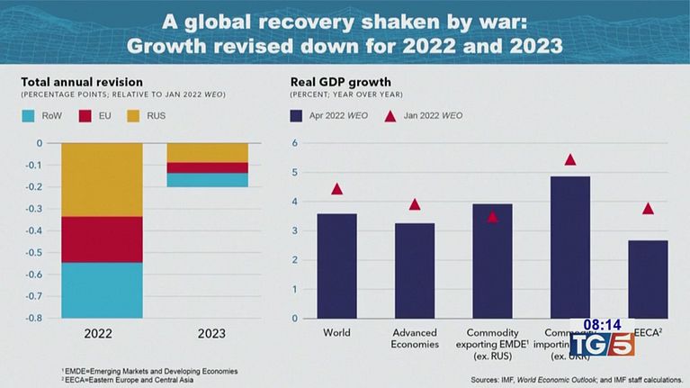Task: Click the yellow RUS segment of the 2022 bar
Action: pos(102,179)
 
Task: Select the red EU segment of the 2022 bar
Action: pos(102,239)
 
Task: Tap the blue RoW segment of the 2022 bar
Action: pos(102,290)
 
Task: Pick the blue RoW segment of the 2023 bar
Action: pos(207,180)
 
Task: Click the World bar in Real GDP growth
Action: pos(336,266)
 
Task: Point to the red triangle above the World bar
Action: pos(336,189)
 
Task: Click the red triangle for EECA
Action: pos(648,209)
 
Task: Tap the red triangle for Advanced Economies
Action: pos(415,204)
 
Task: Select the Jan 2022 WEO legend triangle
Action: pos(390,116)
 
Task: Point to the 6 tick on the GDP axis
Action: pos(295,143)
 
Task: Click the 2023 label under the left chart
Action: pos(208,334)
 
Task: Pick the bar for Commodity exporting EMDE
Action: pos(492,260)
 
